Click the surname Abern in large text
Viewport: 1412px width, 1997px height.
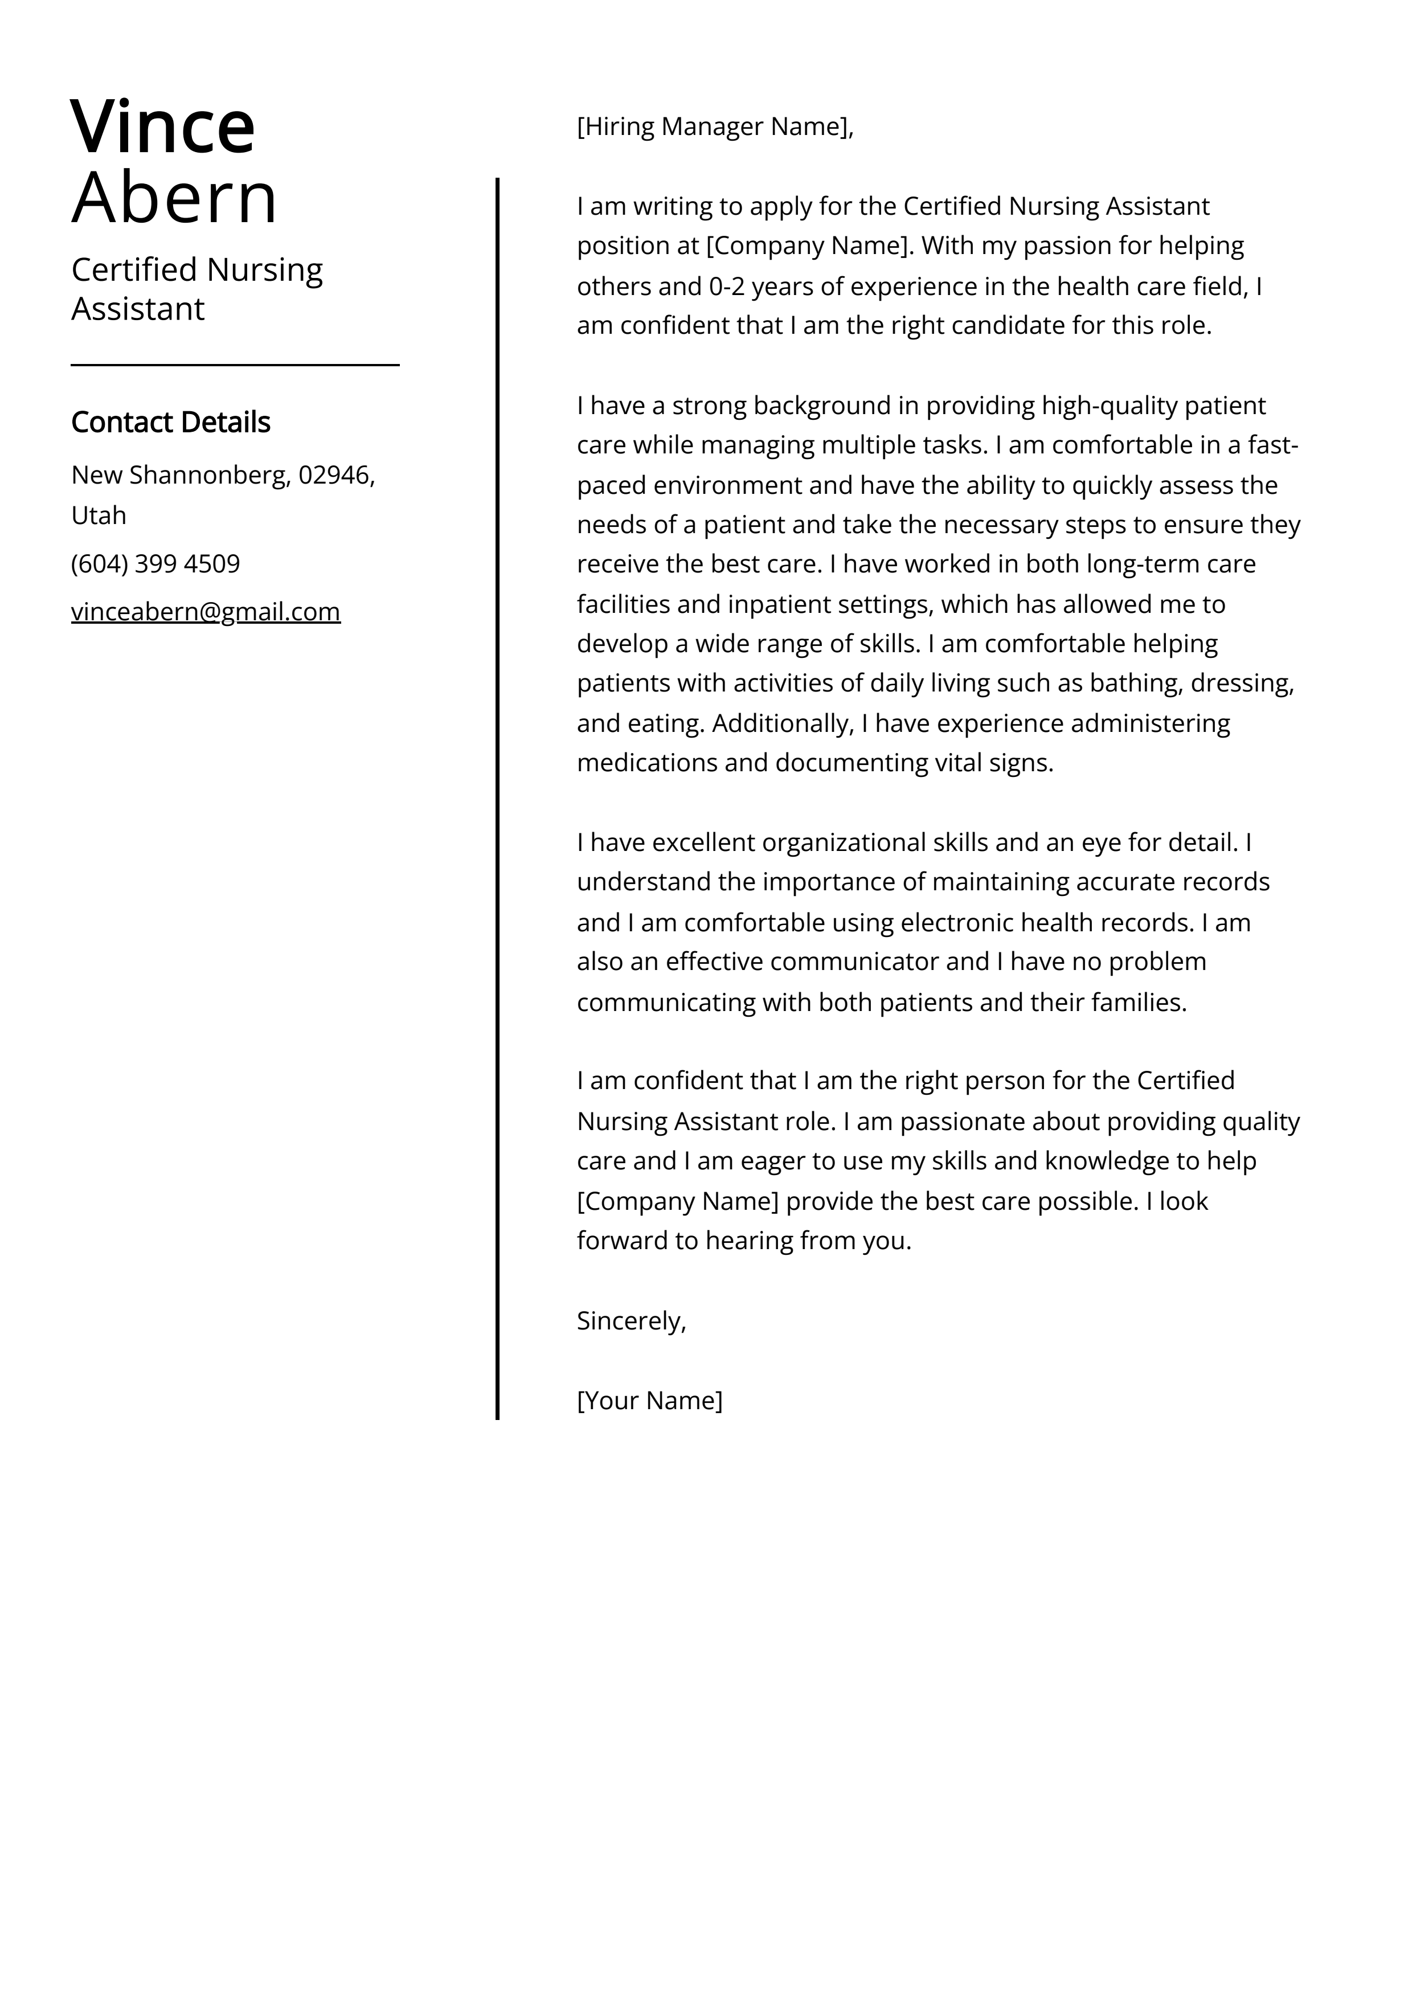(x=174, y=198)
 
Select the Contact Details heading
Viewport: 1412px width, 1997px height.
(x=170, y=422)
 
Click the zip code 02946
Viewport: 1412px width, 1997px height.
(x=336, y=475)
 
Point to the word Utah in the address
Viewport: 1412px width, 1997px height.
(x=99, y=516)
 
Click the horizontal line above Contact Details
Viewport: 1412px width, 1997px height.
(x=235, y=365)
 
